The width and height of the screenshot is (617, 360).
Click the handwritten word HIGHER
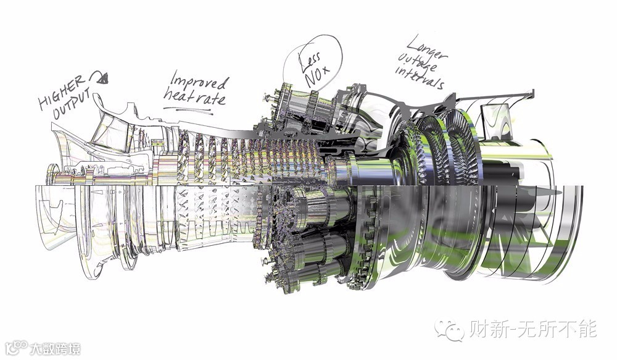61,92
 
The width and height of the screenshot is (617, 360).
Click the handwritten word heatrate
195,97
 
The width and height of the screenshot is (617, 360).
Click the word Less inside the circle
310,61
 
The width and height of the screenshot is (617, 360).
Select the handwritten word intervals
420,78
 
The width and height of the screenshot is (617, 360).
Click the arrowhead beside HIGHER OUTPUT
102,79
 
